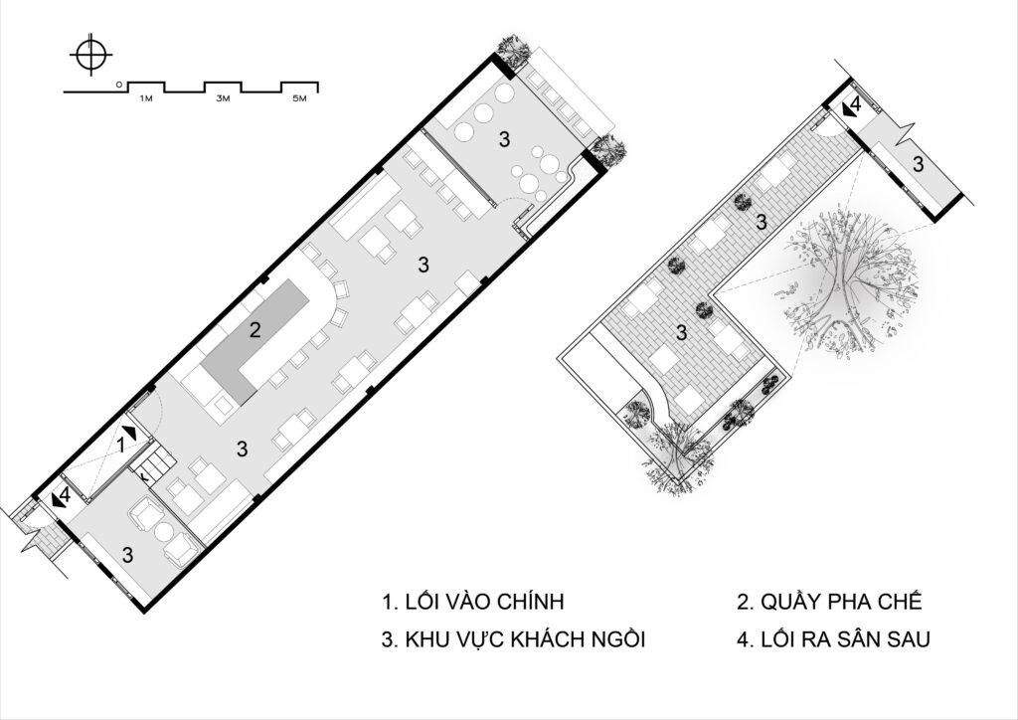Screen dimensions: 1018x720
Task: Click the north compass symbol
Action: (90, 54)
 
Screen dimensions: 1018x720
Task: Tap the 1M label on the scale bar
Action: (145, 98)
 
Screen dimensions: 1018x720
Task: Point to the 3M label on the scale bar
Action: (223, 98)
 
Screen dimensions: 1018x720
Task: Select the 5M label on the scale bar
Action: (299, 98)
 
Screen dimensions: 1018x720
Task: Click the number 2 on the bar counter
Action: (254, 330)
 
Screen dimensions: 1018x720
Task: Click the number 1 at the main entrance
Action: (120, 446)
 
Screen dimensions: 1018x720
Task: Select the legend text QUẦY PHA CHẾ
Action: (841, 602)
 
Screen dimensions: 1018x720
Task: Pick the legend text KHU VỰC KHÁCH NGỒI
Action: (525, 639)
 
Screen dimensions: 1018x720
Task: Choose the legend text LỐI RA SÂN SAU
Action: (845, 639)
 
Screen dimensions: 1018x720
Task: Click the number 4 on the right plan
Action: (855, 103)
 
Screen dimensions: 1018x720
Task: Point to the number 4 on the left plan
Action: (65, 496)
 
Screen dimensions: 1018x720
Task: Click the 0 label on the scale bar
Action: (118, 85)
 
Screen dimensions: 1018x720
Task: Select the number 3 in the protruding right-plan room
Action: (918, 164)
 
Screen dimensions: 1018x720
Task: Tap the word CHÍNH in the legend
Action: (531, 602)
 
